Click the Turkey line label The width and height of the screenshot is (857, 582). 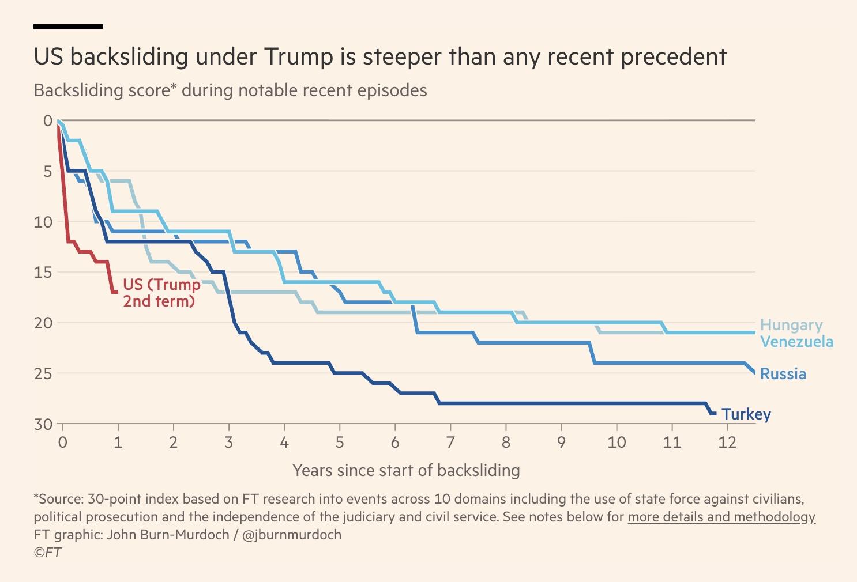point(746,414)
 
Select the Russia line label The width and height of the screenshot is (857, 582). point(783,374)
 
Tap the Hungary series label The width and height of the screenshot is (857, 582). point(791,325)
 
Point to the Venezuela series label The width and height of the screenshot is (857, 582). point(796,342)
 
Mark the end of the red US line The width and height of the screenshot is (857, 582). point(116,292)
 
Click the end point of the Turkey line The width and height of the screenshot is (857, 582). point(715,413)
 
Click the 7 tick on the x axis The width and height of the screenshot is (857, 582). point(450,442)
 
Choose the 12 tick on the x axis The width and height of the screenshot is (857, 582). point(727,442)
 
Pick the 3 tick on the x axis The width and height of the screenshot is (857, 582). point(229,442)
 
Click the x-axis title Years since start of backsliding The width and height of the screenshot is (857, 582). point(406,470)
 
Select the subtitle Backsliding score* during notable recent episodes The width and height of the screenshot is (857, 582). point(230,90)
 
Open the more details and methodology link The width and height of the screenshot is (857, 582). point(721,517)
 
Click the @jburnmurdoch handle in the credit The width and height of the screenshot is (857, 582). point(292,535)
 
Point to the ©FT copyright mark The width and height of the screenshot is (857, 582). point(47,552)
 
